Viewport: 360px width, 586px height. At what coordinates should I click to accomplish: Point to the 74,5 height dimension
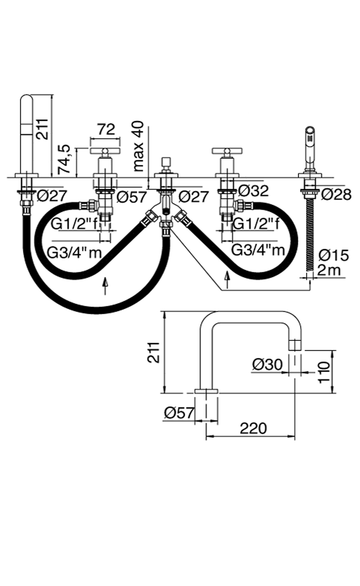click(x=65, y=159)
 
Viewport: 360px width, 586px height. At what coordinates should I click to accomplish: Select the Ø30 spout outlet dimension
click(x=267, y=364)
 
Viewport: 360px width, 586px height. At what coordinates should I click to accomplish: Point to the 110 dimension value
click(x=325, y=371)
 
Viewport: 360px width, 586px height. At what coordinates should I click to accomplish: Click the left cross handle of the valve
click(x=105, y=151)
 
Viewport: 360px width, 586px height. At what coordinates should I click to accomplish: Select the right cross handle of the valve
click(x=227, y=151)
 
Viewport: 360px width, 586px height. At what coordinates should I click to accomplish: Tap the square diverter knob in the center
click(x=166, y=162)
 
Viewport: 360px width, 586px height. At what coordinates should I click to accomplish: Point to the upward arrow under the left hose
click(x=106, y=286)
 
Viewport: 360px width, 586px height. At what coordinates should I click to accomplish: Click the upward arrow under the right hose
click(x=228, y=279)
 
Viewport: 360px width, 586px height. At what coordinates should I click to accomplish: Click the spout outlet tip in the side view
click(x=295, y=345)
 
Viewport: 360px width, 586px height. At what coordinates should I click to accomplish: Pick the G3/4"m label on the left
click(x=74, y=252)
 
